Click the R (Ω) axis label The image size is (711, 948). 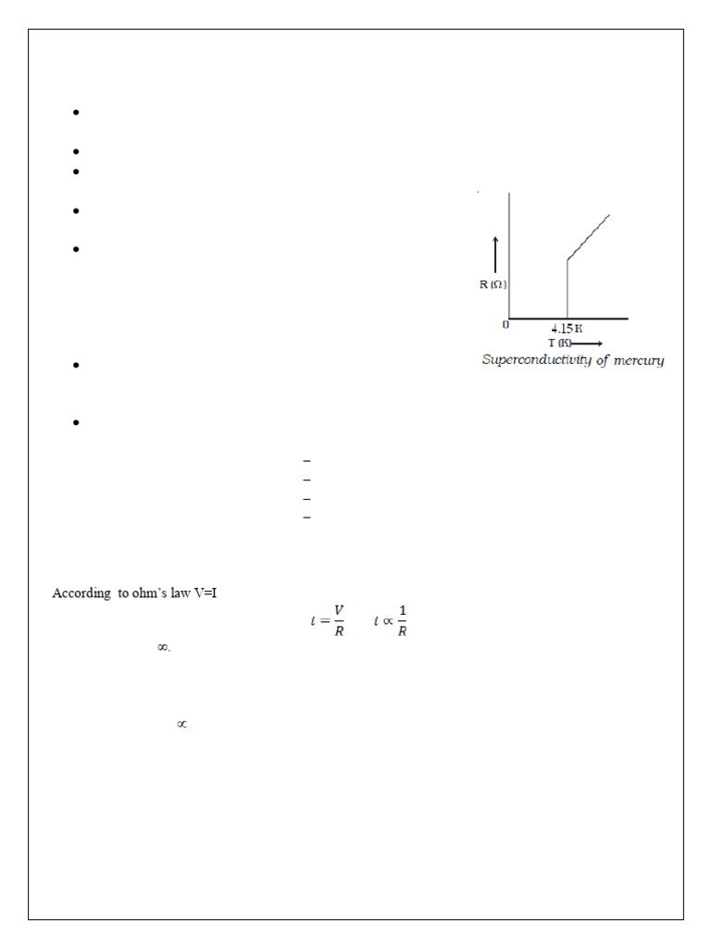tap(493, 284)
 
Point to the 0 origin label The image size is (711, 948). tap(505, 325)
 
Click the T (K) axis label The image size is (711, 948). tap(557, 343)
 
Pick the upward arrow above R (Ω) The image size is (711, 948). tap(496, 255)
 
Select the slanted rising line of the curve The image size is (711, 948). tap(589, 237)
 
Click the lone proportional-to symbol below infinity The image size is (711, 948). tap(181, 724)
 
